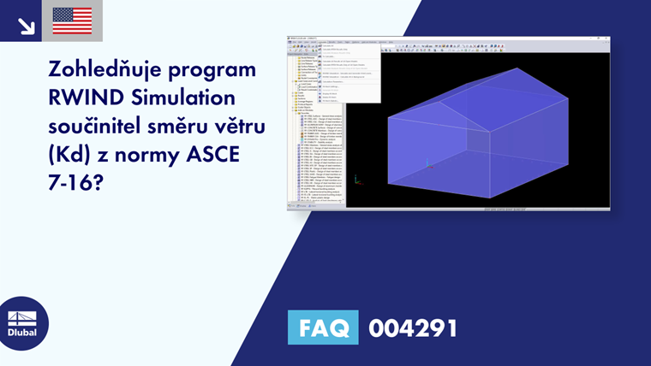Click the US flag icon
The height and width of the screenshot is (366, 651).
pyautogui.click(x=72, y=21)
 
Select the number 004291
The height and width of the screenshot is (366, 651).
pyautogui.click(x=413, y=328)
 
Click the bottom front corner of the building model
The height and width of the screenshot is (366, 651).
pyautogui.click(x=490, y=198)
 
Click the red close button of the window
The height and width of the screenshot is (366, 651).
pyautogui.click(x=606, y=37)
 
